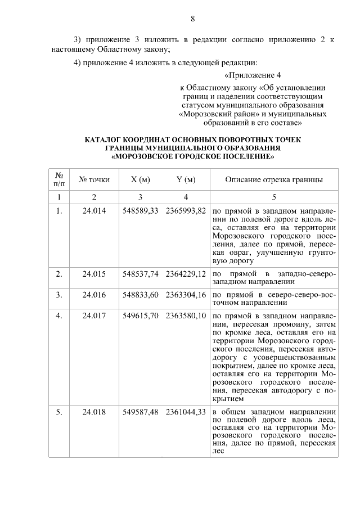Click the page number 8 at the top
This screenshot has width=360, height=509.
pyautogui.click(x=192, y=19)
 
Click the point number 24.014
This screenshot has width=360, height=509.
pyautogui.click(x=94, y=210)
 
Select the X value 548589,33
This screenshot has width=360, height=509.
pyautogui.click(x=141, y=210)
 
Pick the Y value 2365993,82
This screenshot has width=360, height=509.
pyautogui.click(x=186, y=210)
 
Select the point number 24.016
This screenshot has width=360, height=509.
pyautogui.click(x=94, y=294)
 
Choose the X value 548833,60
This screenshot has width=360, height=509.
pyautogui.click(x=141, y=294)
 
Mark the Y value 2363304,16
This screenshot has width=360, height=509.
pyautogui.click(x=186, y=294)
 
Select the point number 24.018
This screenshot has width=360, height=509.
pyautogui.click(x=94, y=411)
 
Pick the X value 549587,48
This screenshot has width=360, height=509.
pyautogui.click(x=141, y=411)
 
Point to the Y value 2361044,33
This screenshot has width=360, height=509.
pyautogui.click(x=186, y=411)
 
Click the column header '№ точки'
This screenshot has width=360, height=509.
pyautogui.click(x=94, y=180)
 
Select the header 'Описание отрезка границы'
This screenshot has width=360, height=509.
pyautogui.click(x=274, y=180)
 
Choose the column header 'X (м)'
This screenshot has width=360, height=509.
pyautogui.click(x=141, y=180)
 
